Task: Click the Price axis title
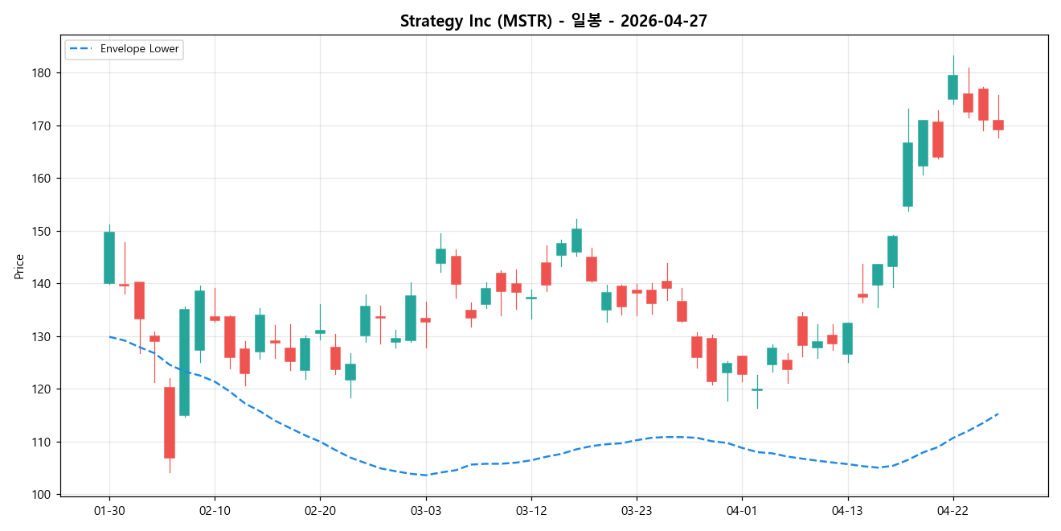click(19, 266)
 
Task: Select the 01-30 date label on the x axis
click(109, 511)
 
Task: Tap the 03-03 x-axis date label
click(425, 511)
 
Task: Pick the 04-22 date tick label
click(952, 511)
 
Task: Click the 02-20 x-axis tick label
click(320, 511)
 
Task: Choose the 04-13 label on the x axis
click(847, 511)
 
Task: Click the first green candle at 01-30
click(109, 257)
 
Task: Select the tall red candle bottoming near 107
click(170, 422)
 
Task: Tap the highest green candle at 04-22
click(952, 87)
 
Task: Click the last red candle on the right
click(998, 125)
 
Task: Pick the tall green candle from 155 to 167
click(907, 175)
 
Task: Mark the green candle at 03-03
click(440, 256)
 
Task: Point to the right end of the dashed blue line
click(998, 414)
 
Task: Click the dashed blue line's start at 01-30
click(109, 336)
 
